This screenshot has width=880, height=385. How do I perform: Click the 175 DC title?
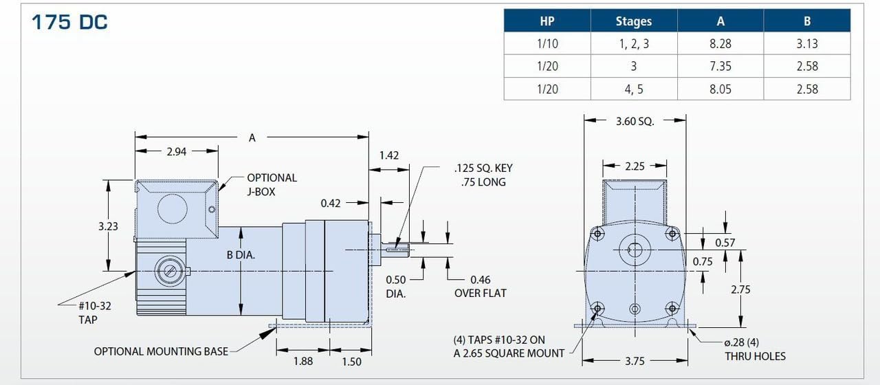(69, 22)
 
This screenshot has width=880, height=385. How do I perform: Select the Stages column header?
(634, 21)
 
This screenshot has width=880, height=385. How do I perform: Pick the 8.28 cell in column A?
(720, 43)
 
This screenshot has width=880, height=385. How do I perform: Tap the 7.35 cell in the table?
(720, 66)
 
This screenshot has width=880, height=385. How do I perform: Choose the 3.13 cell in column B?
(807, 43)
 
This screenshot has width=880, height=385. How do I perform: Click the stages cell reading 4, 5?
(634, 89)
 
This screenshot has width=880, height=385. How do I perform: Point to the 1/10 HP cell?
(547, 43)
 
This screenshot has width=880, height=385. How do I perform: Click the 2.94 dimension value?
(177, 152)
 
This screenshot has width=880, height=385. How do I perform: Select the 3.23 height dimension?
(108, 226)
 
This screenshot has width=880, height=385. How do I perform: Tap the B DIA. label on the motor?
(241, 255)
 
